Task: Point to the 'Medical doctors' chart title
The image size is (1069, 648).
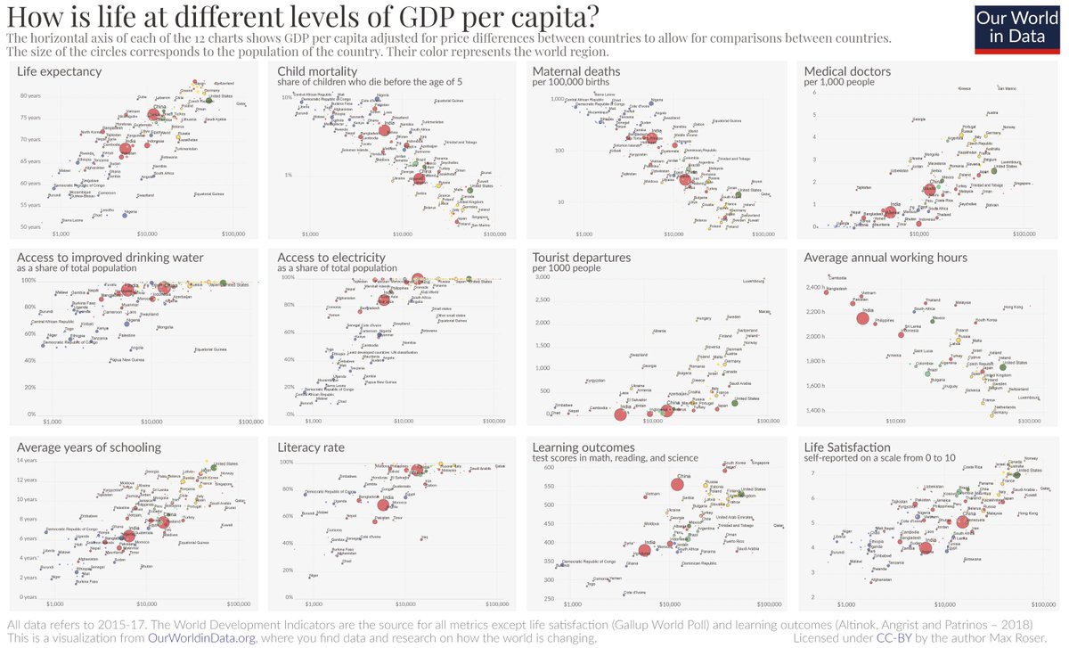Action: [847, 71]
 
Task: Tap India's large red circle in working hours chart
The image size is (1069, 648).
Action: [862, 318]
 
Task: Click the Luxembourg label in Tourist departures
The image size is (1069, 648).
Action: [755, 282]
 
